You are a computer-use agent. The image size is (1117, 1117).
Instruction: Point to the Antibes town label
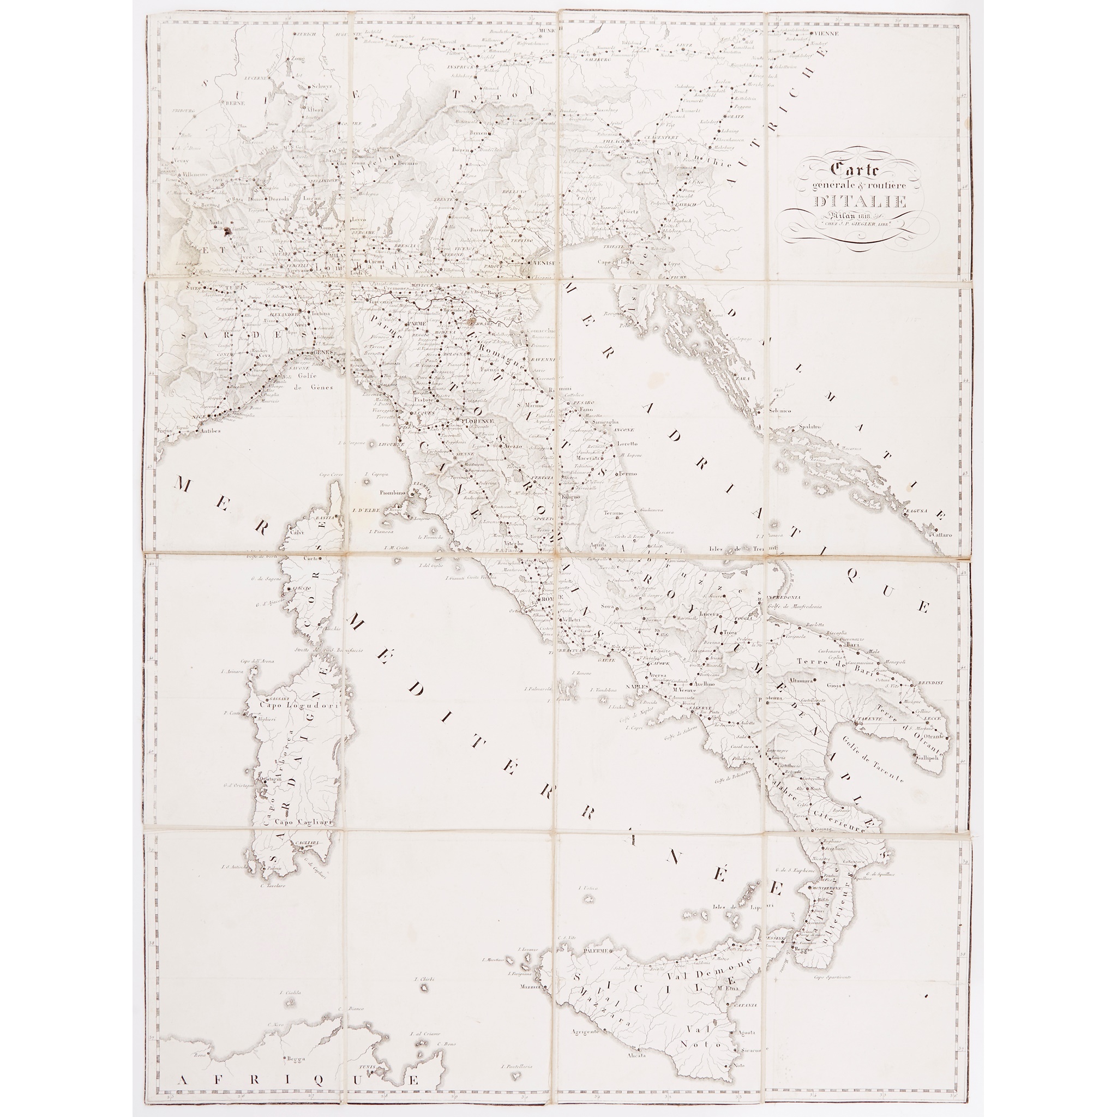209,431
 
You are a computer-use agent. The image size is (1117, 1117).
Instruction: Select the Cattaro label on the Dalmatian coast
941,535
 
